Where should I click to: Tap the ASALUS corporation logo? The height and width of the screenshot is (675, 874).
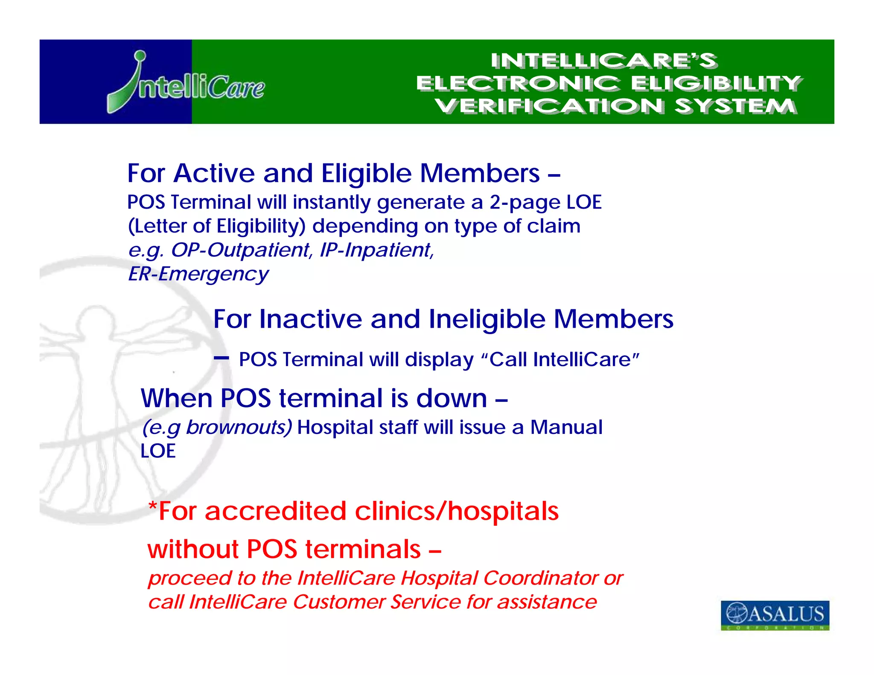[x=775, y=615]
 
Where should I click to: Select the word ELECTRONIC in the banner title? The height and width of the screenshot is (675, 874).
[x=517, y=83]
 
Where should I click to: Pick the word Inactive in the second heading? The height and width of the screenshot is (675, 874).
[x=311, y=319]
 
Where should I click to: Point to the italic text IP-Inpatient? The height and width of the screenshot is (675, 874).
[x=377, y=250]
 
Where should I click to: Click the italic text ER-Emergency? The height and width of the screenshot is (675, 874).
[x=198, y=274]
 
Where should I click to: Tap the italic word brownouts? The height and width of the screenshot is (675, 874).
[x=239, y=427]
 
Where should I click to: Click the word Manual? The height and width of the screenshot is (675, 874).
[x=566, y=427]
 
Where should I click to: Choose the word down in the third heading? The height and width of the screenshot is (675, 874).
[x=451, y=399]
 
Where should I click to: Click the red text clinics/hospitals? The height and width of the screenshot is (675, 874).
[x=457, y=511]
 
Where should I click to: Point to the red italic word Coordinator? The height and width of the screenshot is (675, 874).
[x=541, y=578]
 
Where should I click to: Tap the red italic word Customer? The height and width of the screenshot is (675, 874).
[x=339, y=602]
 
